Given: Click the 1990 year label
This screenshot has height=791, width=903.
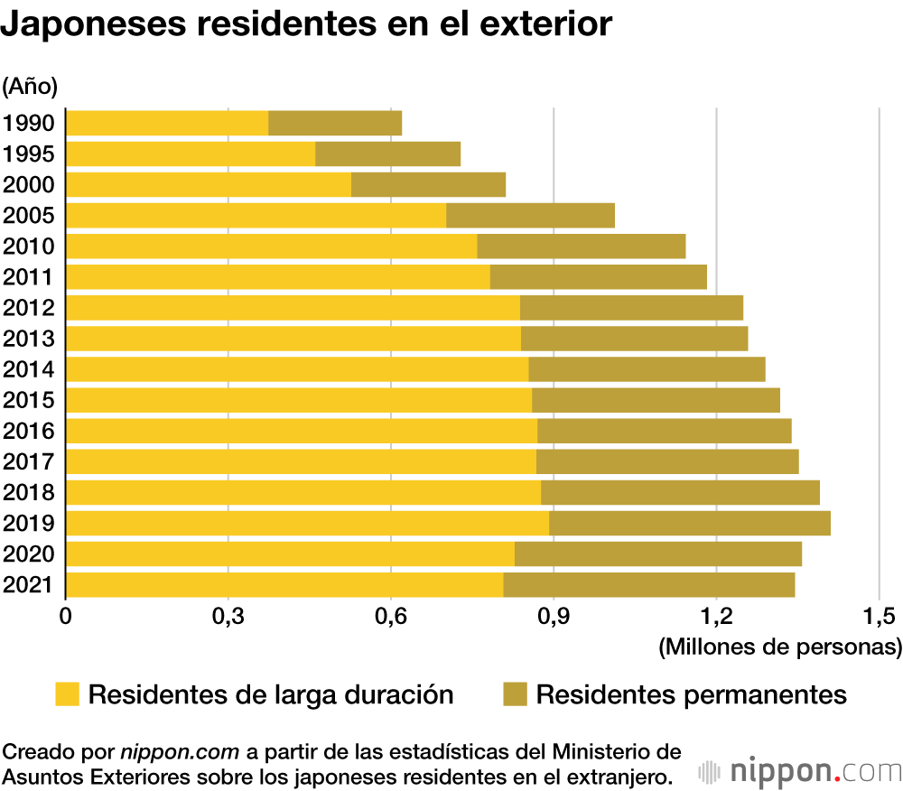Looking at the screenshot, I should pyautogui.click(x=29, y=124).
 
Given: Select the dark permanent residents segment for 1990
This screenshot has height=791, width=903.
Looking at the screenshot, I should pyautogui.click(x=335, y=123).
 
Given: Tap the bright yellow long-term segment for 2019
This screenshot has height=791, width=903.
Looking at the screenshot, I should pyautogui.click(x=307, y=523).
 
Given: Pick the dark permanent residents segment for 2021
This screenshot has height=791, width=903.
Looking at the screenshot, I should pyautogui.click(x=648, y=584).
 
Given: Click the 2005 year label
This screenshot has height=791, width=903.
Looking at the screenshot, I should pyautogui.click(x=29, y=216).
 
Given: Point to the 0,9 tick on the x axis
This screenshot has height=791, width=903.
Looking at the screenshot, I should pyautogui.click(x=553, y=617).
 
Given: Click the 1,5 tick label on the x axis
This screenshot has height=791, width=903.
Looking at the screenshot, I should pyautogui.click(x=878, y=617).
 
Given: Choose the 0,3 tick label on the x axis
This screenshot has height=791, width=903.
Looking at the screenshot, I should pyautogui.click(x=228, y=617).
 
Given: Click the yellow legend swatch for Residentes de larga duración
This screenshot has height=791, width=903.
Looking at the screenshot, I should pyautogui.click(x=68, y=694).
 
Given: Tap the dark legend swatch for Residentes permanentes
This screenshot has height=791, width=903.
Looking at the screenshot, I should pyautogui.click(x=516, y=694).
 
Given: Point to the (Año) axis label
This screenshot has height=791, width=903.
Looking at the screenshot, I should pyautogui.click(x=30, y=86).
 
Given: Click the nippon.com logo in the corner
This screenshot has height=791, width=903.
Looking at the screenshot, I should pyautogui.click(x=800, y=772).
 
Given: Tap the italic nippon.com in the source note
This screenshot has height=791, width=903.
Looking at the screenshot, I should pyautogui.click(x=180, y=751).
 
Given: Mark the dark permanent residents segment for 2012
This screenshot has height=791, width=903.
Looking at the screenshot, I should pyautogui.click(x=631, y=307).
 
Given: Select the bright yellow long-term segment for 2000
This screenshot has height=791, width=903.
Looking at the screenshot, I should pyautogui.click(x=209, y=184).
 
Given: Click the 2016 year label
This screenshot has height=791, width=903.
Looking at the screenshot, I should pyautogui.click(x=29, y=431).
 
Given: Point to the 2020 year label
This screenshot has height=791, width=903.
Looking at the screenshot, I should pyautogui.click(x=29, y=554).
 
